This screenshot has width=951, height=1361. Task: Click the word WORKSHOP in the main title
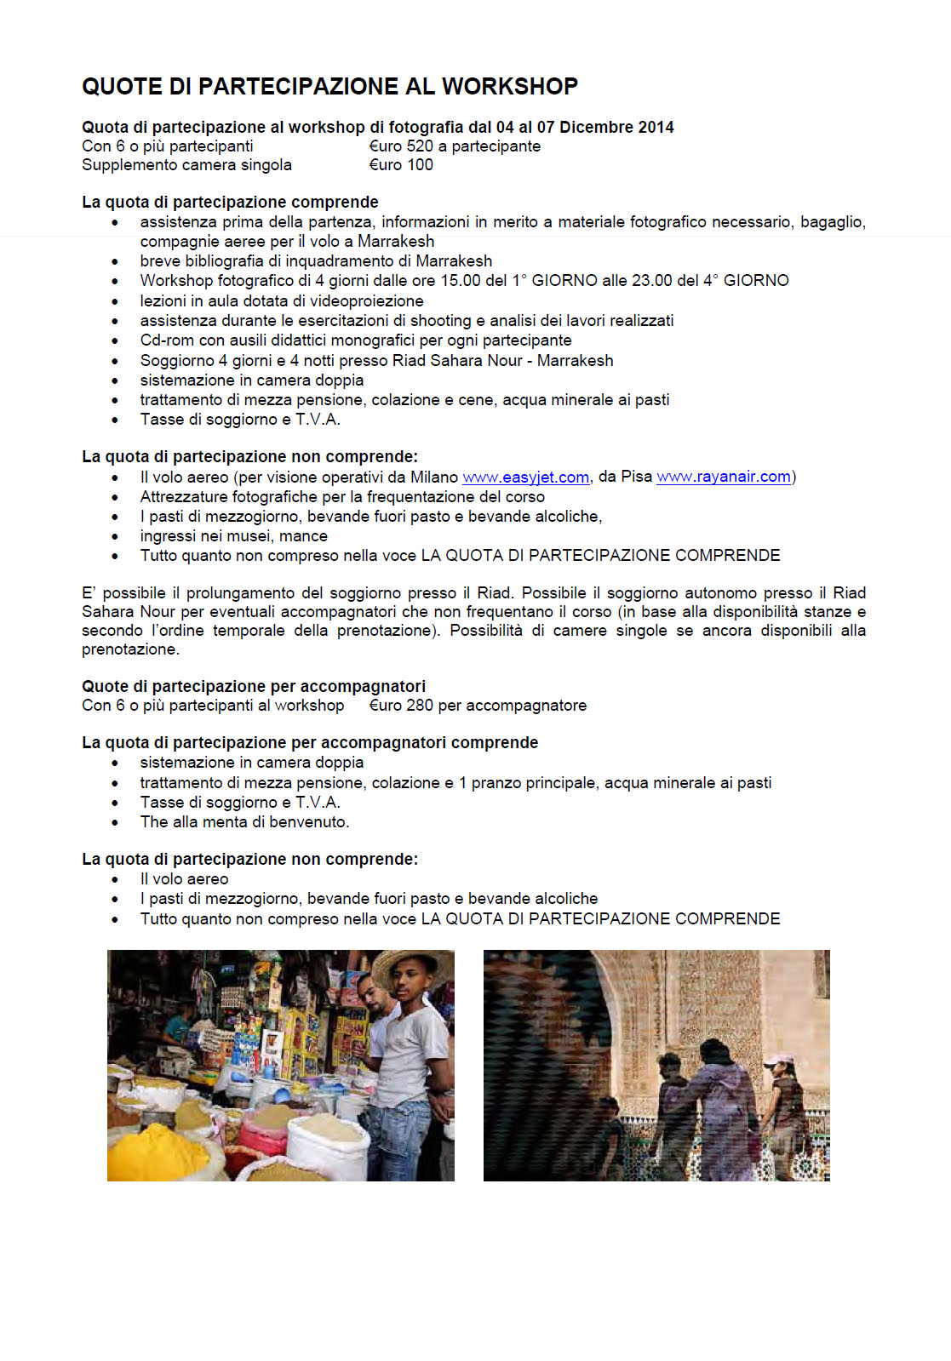[509, 86]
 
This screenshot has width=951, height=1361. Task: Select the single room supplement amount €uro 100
[401, 165]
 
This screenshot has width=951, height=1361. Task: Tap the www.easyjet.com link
[525, 477]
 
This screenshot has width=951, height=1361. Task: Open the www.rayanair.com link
[724, 477]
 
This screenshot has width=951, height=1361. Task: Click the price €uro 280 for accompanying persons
[401, 706]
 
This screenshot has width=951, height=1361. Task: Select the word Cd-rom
[168, 340]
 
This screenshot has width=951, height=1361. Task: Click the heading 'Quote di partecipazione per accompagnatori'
[254, 687]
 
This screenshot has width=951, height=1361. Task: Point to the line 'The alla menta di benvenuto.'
[244, 822]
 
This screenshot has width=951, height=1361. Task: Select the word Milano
[434, 477]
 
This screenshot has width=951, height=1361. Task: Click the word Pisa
[636, 477]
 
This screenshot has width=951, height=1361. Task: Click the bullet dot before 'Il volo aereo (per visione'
[115, 477]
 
